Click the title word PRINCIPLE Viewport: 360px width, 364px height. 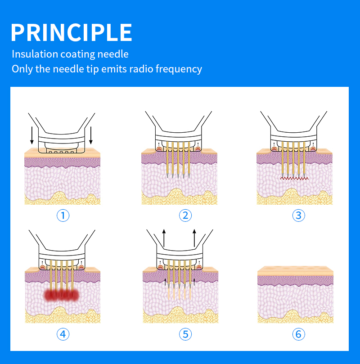pyautogui.click(x=71, y=32)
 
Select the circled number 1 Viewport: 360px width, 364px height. pyautogui.click(x=63, y=216)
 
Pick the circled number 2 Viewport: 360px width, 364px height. pyautogui.click(x=185, y=216)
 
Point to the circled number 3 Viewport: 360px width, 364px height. pyautogui.click(x=298, y=216)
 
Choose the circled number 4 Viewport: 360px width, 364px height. pyautogui.click(x=63, y=334)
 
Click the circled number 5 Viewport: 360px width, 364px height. pyautogui.click(x=185, y=334)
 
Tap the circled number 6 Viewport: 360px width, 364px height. pyautogui.click(x=298, y=334)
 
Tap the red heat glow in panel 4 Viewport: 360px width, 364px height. pyautogui.click(x=62, y=295)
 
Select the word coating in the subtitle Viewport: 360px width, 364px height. pyautogui.click(x=78, y=54)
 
